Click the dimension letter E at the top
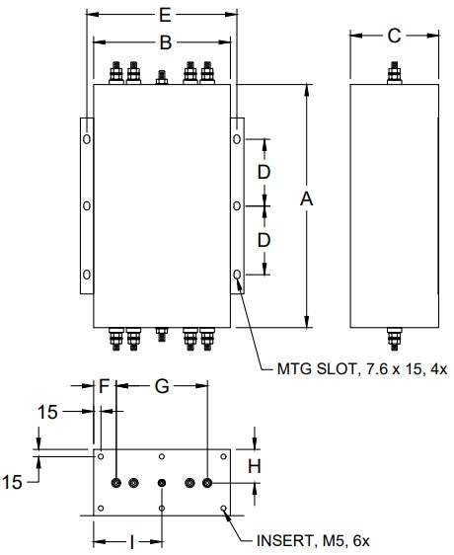pos(165,15)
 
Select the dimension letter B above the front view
pos(166,42)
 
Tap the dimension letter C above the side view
pos(394,36)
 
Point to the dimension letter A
pos(306,198)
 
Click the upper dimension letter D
pos(264,173)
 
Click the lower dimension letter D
pos(264,240)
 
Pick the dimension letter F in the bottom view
pos(104,386)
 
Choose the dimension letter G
pos(162,386)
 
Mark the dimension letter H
pos(254,466)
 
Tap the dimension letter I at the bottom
pos(132,542)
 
